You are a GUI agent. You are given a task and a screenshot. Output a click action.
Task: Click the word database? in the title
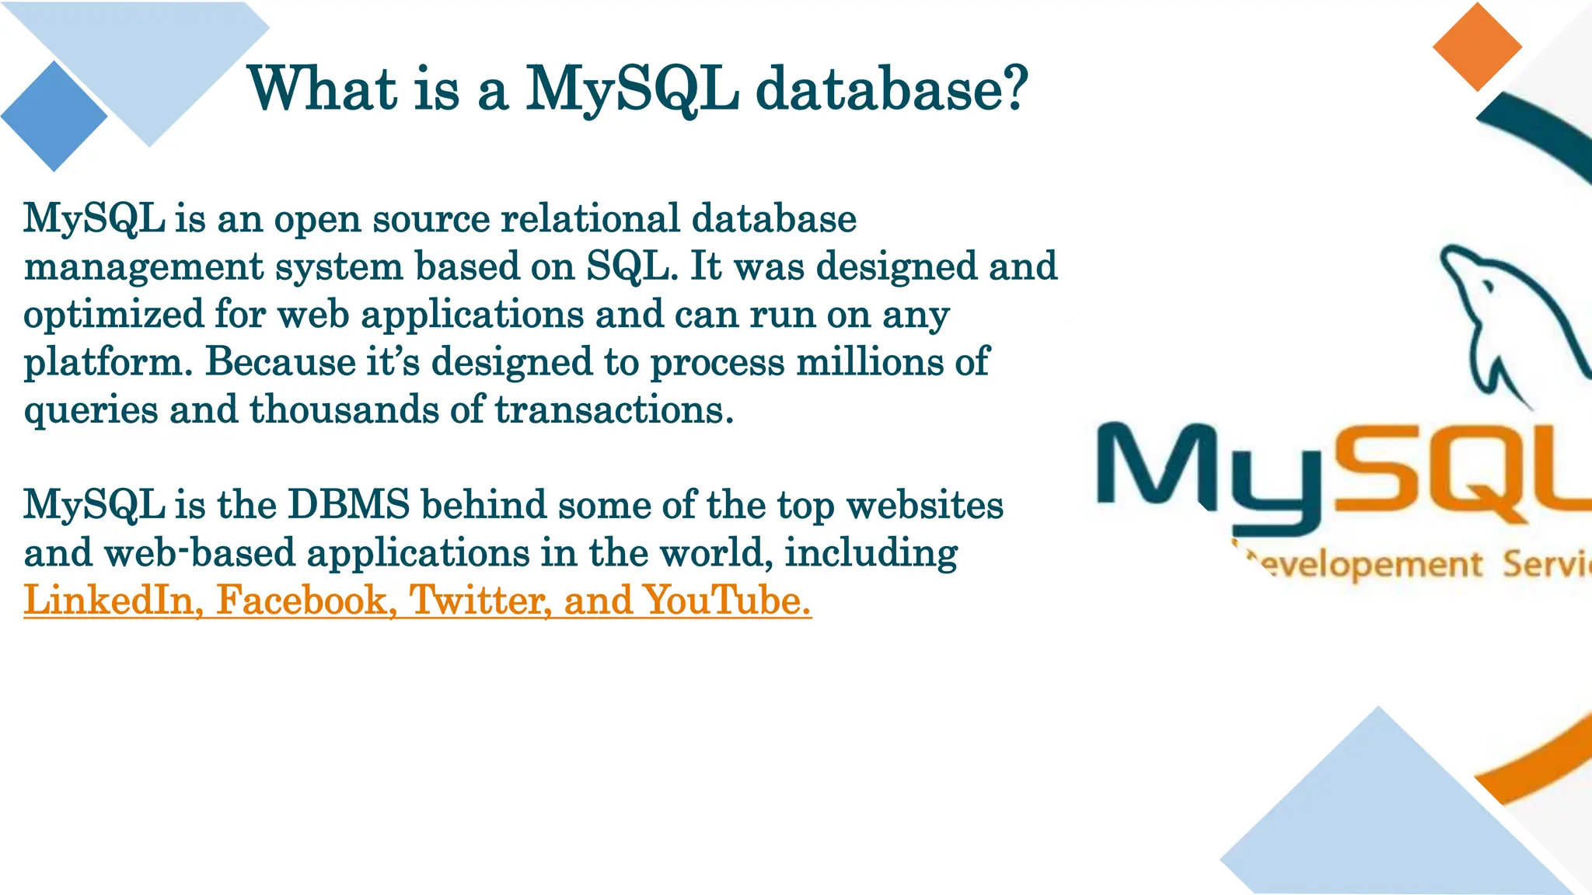point(892,89)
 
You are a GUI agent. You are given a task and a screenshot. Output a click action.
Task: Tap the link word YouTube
point(728,600)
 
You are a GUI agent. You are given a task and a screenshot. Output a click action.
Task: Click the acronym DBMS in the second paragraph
point(348,504)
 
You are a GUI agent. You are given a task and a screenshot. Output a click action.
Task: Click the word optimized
point(113,315)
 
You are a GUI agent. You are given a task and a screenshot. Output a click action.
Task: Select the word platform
point(107,362)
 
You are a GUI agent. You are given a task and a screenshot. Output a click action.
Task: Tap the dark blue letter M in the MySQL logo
point(1154,466)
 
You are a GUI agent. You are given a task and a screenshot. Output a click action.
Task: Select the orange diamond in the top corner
point(1477,47)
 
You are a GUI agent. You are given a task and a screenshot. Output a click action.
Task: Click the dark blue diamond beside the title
point(54,117)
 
